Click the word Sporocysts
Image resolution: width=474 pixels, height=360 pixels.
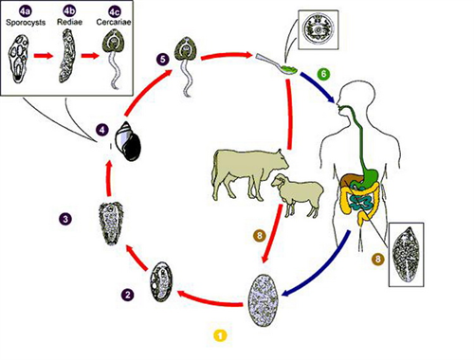point(26,23)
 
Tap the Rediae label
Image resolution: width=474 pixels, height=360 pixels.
point(69,22)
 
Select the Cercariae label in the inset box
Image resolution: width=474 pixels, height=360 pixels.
point(114,22)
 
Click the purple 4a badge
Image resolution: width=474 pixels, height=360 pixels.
point(26,11)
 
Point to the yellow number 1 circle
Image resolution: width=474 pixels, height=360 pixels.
point(220,335)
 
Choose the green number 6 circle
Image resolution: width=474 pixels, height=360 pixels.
point(323,74)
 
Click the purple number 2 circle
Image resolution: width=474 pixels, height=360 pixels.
point(128,295)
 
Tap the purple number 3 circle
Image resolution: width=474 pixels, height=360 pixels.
point(65,219)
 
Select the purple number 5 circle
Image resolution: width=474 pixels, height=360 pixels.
point(162,60)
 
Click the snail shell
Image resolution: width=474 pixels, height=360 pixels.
point(127,141)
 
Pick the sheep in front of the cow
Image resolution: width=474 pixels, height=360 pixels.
point(297,194)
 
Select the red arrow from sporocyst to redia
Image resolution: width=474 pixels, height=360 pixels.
point(44,56)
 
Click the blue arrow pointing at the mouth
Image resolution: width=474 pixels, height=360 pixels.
point(318,87)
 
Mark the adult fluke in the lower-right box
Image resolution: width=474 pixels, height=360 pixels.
point(406,254)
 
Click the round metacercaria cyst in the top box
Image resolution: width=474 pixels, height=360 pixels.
point(319,30)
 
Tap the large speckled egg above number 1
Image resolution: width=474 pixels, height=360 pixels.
point(264,300)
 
